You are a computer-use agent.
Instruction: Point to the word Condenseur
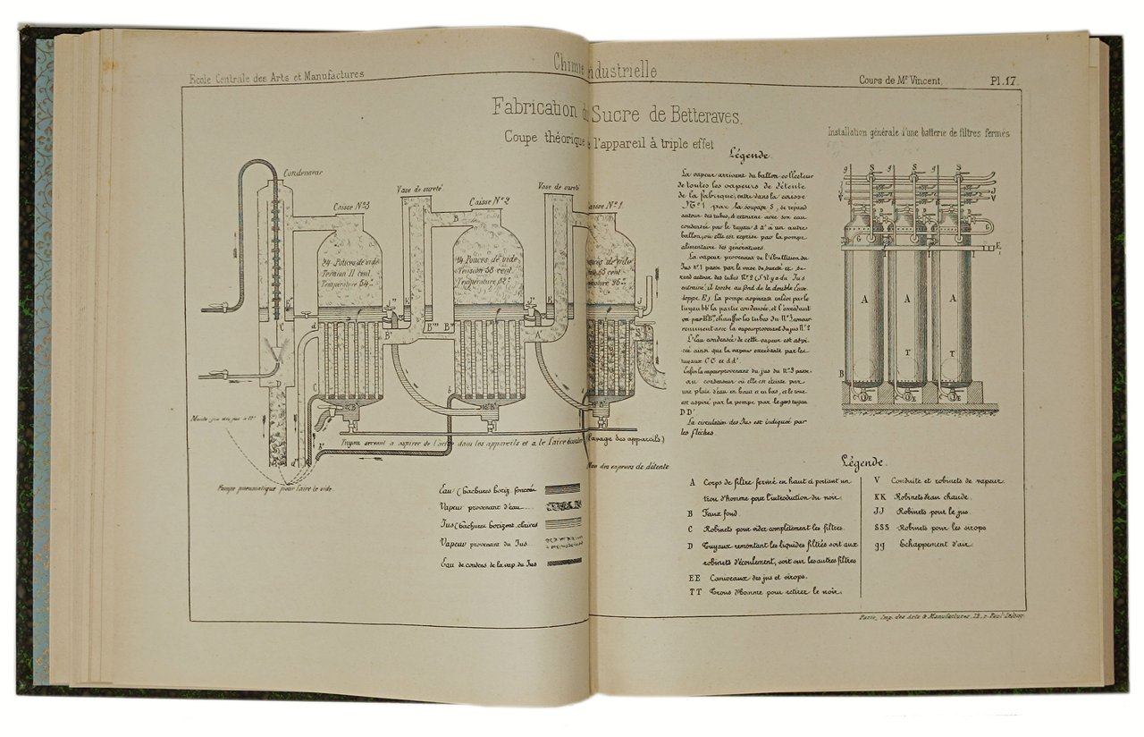tap(303, 172)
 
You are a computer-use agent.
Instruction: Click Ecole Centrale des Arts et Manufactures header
tap(276, 78)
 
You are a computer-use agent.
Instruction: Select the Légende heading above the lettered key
tap(862, 462)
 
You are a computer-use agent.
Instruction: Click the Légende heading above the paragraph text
tap(749, 153)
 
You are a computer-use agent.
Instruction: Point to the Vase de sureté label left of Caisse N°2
tap(420, 190)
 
